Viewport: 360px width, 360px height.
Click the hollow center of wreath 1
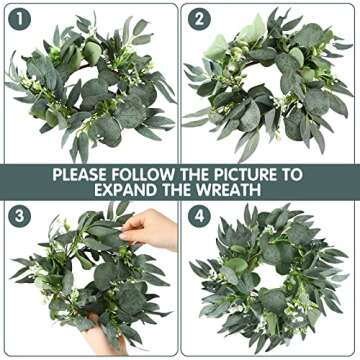tap(88, 85)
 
